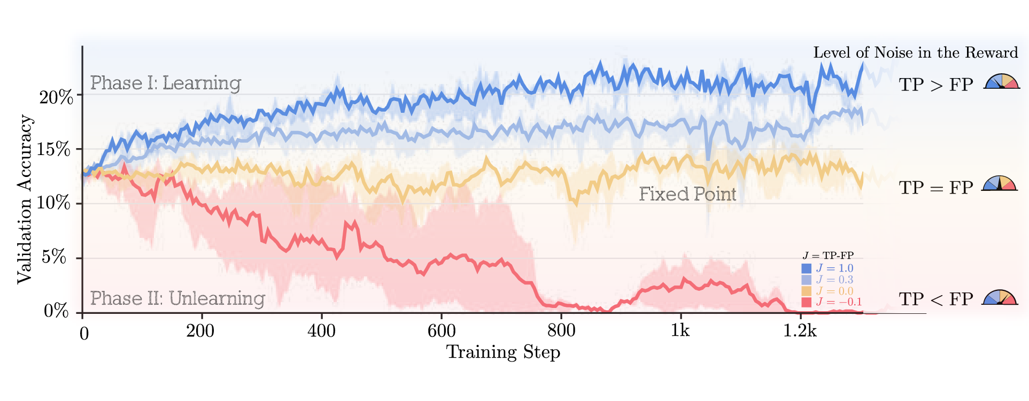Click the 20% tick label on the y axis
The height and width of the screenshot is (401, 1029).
[x=56, y=97]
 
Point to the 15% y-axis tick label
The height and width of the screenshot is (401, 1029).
[x=56, y=149]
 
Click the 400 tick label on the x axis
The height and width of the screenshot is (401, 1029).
[x=321, y=331]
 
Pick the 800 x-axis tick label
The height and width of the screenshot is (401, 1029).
[x=561, y=331]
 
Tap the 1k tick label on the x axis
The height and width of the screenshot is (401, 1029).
[x=680, y=331]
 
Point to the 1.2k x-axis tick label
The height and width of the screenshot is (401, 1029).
[x=800, y=331]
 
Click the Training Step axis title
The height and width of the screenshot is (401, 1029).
[x=503, y=352]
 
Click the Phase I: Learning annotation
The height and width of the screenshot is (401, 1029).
[x=165, y=83]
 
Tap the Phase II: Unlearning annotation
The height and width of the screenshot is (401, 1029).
[x=177, y=298]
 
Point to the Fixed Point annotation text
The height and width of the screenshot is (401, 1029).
[x=687, y=194]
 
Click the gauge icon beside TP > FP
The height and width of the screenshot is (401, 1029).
[x=1002, y=81]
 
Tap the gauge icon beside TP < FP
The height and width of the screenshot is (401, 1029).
[x=1000, y=298]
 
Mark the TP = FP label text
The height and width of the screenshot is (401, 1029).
[x=935, y=188]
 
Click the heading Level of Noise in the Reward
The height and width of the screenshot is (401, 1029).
[x=915, y=52]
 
